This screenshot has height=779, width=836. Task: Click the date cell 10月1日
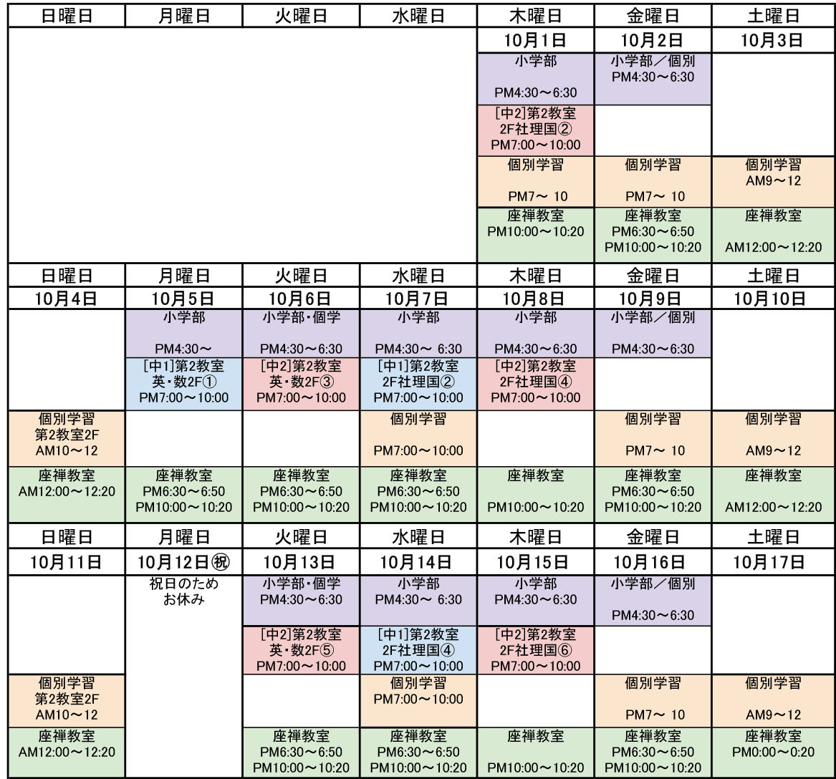[x=535, y=40]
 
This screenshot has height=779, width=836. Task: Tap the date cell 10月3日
[x=773, y=40]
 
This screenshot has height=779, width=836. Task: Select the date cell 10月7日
[x=418, y=299]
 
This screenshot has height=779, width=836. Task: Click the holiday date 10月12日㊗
[x=183, y=561]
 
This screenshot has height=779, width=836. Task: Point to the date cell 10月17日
[x=773, y=561]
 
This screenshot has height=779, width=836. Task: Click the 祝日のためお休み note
[x=183, y=591]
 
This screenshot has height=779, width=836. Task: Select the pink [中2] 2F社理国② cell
[x=535, y=130]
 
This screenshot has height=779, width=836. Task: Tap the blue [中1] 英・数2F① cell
[x=183, y=384]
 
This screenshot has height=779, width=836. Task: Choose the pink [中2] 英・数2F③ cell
[x=301, y=384]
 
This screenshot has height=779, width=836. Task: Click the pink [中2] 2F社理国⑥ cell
[x=535, y=650]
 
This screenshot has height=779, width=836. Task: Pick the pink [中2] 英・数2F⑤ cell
[x=301, y=650]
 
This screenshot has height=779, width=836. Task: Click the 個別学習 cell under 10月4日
[x=67, y=438]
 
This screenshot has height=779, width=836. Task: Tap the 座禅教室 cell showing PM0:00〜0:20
[x=773, y=753]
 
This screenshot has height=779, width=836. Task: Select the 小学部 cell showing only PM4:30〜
[x=183, y=333]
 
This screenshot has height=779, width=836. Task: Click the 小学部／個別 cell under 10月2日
[x=653, y=79]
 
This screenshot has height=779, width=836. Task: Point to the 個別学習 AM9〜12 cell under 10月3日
[x=773, y=181]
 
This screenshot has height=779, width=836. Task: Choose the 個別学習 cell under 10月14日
[x=418, y=701]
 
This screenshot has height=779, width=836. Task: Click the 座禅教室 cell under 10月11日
[x=67, y=753]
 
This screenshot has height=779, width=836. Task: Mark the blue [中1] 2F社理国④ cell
[x=418, y=650]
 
